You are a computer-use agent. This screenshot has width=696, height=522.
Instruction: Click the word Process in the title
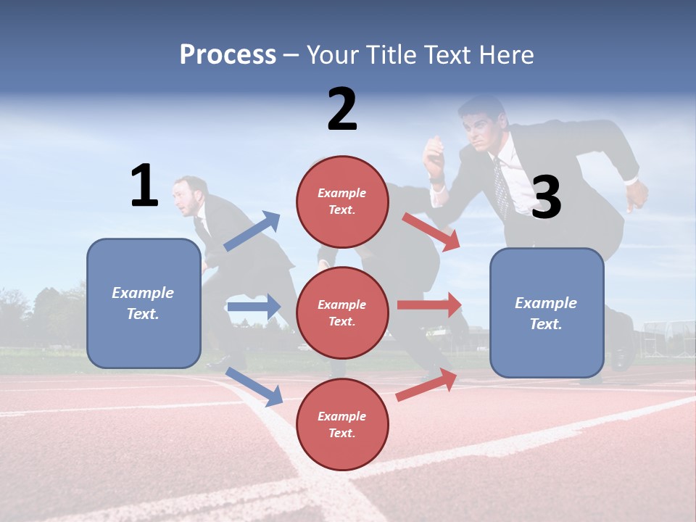[228, 54]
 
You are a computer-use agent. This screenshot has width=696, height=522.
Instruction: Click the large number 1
[144, 186]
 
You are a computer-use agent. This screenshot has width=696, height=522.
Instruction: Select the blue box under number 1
[144, 303]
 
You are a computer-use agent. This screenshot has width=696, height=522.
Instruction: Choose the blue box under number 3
[547, 312]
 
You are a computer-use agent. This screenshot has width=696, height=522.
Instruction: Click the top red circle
[342, 202]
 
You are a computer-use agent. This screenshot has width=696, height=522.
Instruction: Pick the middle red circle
[342, 312]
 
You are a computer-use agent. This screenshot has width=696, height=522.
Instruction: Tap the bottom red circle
[342, 424]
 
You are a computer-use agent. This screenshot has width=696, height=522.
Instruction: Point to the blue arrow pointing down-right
[254, 386]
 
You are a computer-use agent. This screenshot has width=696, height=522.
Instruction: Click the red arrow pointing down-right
[431, 231]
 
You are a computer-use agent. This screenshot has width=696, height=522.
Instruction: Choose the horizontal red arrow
[429, 304]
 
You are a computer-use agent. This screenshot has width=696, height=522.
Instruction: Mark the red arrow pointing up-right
[427, 385]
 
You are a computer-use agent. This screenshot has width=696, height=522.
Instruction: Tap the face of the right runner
[479, 129]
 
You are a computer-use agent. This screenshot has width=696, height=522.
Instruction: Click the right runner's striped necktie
[501, 186]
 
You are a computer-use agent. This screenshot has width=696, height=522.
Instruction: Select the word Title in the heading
[392, 54]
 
